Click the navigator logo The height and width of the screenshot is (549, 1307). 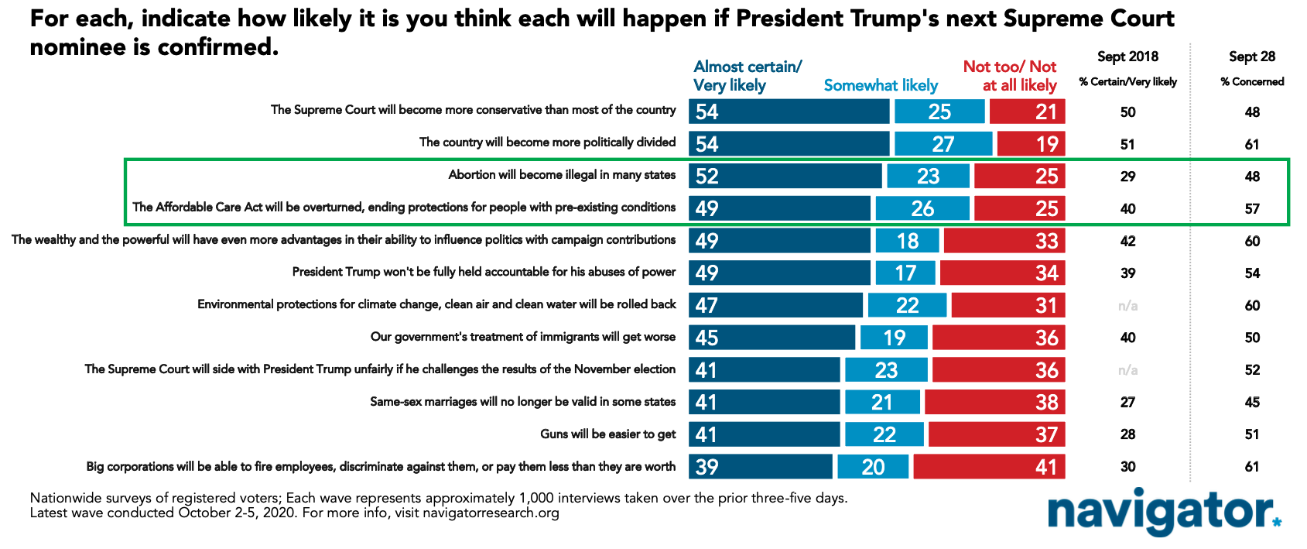(1165, 512)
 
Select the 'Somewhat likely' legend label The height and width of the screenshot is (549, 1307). (881, 86)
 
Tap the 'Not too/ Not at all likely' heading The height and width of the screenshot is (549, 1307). (1010, 76)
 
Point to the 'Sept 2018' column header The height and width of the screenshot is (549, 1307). (1128, 57)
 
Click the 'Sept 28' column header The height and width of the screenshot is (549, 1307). (1252, 57)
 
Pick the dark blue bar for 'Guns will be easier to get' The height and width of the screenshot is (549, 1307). (765, 434)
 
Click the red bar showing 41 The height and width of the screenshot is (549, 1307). (990, 467)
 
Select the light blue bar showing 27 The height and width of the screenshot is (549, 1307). (943, 144)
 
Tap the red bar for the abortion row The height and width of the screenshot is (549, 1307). (1020, 176)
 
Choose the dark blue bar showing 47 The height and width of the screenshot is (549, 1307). (775, 305)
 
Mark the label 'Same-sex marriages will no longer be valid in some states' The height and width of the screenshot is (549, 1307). (523, 402)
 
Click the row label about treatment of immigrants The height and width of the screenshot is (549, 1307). (523, 337)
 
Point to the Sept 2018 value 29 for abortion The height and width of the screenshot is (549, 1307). (1128, 177)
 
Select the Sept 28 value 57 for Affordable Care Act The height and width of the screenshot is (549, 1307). (1252, 208)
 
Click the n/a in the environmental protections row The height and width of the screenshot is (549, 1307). (1128, 305)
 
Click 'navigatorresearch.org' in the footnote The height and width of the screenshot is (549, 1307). (491, 513)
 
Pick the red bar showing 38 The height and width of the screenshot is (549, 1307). (995, 402)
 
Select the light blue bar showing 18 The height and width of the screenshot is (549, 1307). (907, 241)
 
